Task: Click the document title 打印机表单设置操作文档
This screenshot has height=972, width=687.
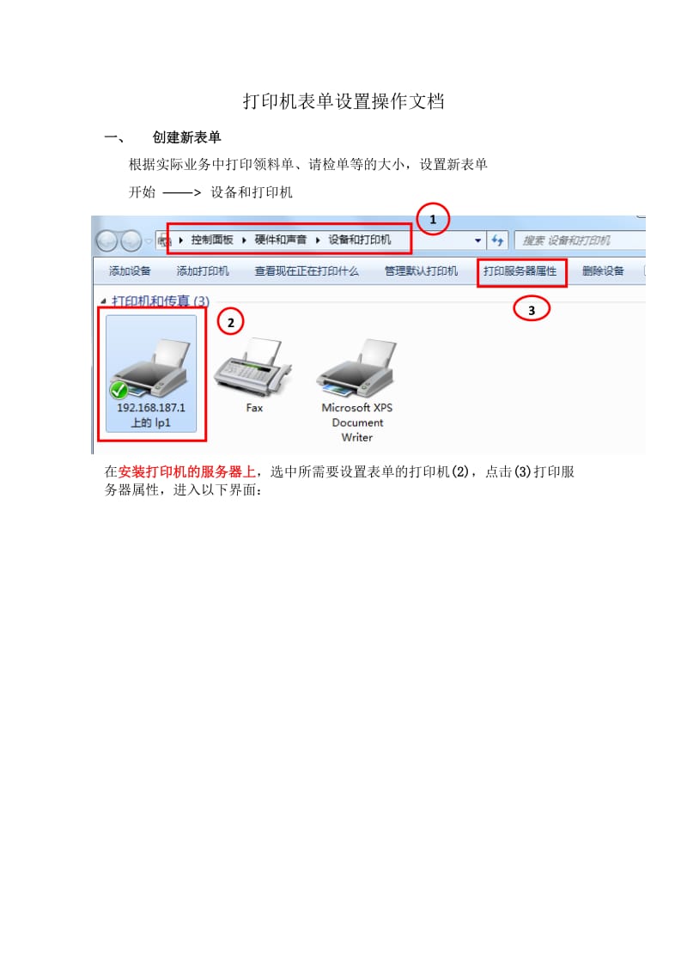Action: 343,101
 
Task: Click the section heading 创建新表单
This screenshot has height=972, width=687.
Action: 186,137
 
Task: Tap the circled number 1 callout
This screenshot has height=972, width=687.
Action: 433,219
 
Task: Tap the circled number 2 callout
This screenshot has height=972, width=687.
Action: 231,322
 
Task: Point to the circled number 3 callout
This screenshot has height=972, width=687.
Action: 532,309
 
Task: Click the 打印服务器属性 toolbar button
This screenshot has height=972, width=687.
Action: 520,271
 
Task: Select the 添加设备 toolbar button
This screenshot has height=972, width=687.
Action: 130,270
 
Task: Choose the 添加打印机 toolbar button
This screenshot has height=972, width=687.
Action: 203,270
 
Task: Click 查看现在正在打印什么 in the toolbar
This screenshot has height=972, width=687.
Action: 307,270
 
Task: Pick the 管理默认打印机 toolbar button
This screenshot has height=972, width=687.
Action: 421,270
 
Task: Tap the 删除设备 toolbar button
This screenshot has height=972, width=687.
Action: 603,270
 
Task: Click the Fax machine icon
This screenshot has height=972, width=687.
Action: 253,367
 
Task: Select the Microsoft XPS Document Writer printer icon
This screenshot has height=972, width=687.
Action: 356,368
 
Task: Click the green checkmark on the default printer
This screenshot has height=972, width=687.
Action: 119,390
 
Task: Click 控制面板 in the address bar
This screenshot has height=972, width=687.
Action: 212,240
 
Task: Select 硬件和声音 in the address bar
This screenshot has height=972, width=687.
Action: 280,240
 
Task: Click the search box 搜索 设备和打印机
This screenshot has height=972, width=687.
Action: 580,240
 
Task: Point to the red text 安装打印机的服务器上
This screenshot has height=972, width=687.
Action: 186,471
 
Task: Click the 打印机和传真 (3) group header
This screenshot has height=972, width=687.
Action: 161,301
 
